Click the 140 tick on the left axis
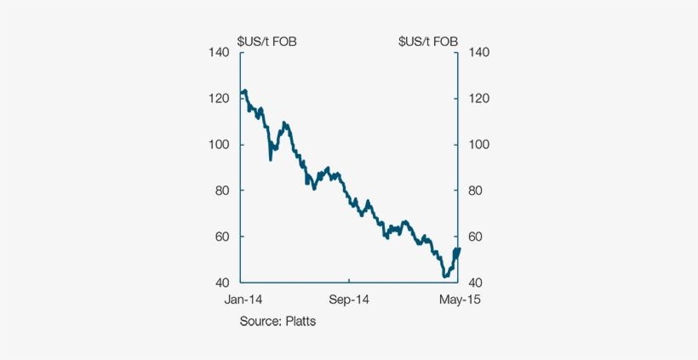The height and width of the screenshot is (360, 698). [x=219, y=53]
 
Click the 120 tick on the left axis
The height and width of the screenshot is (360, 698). [x=219, y=99]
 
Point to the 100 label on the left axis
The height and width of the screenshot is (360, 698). [x=219, y=145]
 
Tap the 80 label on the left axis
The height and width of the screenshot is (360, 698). [x=222, y=191]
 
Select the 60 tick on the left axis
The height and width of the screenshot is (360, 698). [x=222, y=237]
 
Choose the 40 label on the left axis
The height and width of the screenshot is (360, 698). [x=222, y=283]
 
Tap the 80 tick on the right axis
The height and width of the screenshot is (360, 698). [x=476, y=191]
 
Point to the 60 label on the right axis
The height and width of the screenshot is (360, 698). [x=476, y=237]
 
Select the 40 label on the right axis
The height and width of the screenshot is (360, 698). [x=476, y=283]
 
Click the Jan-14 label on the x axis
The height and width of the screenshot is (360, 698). [x=243, y=300]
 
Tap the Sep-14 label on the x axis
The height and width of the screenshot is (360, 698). [x=349, y=300]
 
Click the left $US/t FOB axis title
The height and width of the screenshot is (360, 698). [x=266, y=40]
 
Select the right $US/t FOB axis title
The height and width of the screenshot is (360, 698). [x=428, y=40]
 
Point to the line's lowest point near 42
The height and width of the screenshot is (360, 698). [x=444, y=277]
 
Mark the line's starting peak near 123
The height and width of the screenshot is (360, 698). [x=244, y=90]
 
